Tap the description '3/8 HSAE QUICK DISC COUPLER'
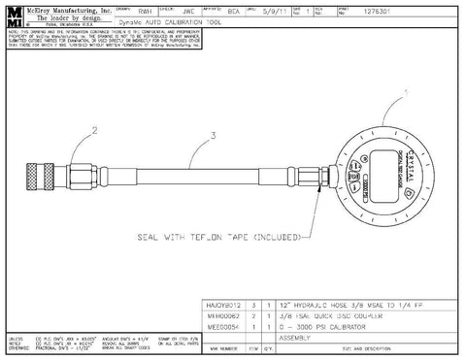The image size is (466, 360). click(327, 314)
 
